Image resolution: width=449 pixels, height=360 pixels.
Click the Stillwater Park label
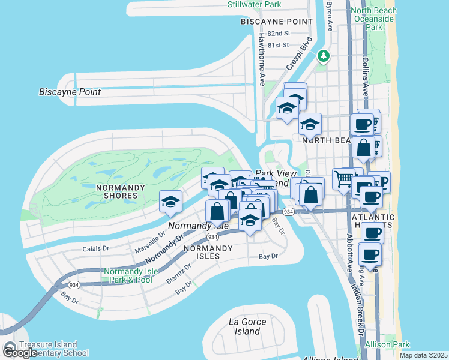(255, 5)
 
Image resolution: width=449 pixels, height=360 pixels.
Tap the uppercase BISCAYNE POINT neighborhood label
(276, 22)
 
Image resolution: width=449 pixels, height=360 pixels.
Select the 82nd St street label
(279, 34)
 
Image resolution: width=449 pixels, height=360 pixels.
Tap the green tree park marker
(324, 56)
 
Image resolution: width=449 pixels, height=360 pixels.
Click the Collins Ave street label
(366, 77)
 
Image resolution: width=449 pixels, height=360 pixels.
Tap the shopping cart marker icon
(343, 178)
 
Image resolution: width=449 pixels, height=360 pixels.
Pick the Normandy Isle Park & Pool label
(130, 275)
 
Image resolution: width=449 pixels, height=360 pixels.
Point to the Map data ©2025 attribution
(423, 355)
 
